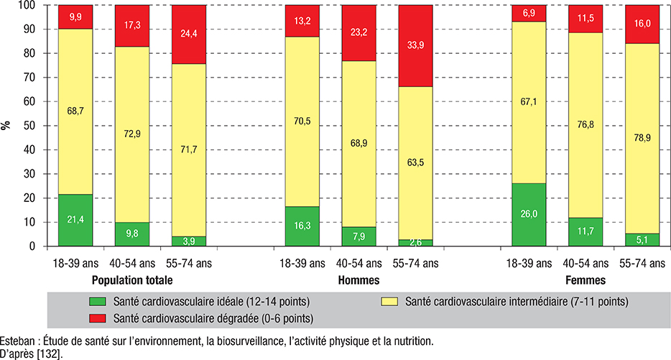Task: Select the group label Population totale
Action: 132,280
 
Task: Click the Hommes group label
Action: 359,280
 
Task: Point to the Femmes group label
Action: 586,280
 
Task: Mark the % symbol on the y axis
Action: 6,125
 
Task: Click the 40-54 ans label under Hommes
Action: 359,263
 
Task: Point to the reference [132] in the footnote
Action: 51,354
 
